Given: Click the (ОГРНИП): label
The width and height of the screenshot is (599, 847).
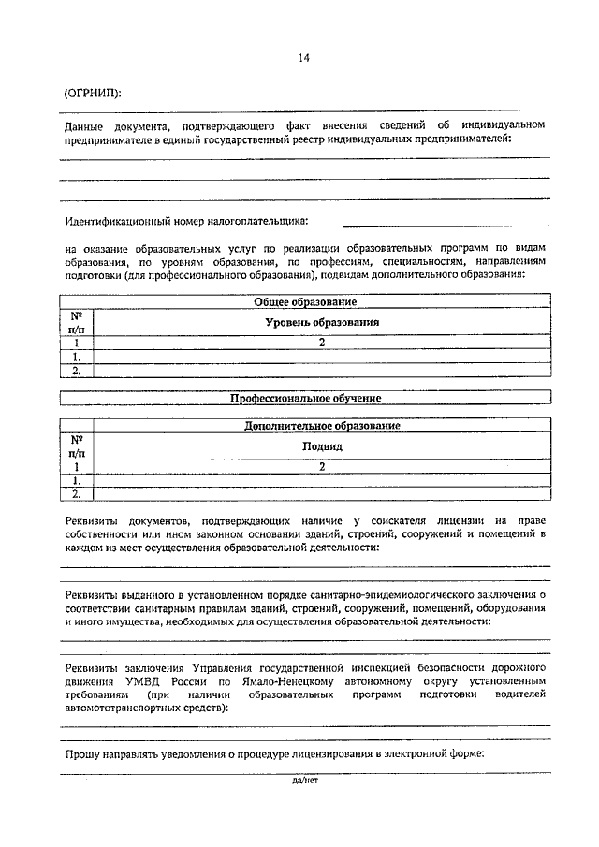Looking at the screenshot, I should (93, 93).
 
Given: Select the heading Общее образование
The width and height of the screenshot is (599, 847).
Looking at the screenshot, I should (305, 301).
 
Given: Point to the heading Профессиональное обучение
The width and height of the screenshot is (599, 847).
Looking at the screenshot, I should (305, 398).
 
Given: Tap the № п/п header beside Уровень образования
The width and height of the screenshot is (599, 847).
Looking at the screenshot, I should (77, 322).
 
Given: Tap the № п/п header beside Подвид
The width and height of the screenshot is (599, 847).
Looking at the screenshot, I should (77, 445).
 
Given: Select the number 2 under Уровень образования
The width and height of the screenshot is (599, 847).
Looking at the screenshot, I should (320, 343).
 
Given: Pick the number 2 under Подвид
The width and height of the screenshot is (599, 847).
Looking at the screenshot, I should (320, 466).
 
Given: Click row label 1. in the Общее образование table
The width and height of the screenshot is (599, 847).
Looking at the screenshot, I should (77, 357).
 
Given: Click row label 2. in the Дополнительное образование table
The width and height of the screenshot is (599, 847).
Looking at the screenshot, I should (77, 493).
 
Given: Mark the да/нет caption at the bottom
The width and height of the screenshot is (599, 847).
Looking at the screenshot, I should (305, 780).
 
